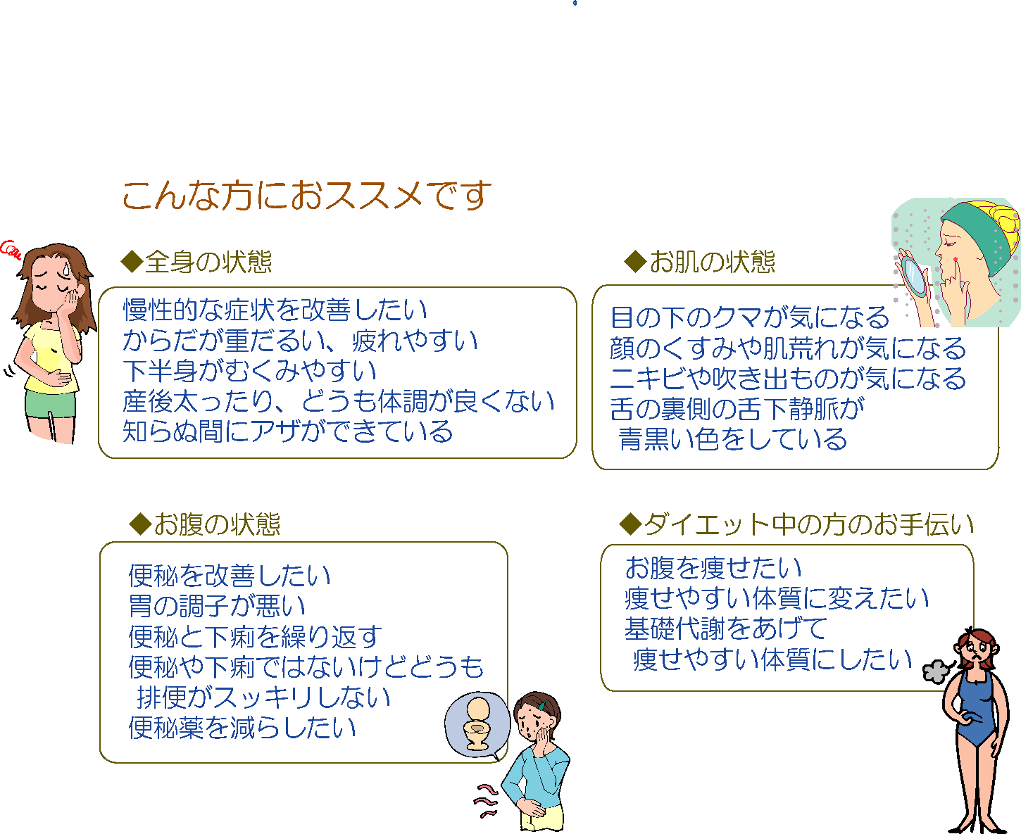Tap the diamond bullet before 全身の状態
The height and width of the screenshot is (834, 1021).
pyautogui.click(x=132, y=261)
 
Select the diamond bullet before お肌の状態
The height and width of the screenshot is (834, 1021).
pyautogui.click(x=636, y=261)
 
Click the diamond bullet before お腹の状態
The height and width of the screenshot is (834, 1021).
pyautogui.click(x=141, y=524)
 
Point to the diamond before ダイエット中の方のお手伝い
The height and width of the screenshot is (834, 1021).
pyautogui.click(x=631, y=524)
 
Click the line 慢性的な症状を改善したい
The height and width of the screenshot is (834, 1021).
pyautogui.click(x=275, y=310)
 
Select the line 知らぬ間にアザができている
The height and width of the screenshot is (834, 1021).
pyautogui.click(x=288, y=431)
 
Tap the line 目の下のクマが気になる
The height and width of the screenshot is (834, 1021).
pyautogui.click(x=750, y=317)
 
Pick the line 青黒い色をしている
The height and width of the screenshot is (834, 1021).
pyautogui.click(x=733, y=439)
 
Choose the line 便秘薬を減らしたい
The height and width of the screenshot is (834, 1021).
pyautogui.click(x=242, y=728)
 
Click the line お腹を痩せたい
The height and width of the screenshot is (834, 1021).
pyautogui.click(x=713, y=568)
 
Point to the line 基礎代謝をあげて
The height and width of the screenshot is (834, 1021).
pyautogui.click(x=726, y=628)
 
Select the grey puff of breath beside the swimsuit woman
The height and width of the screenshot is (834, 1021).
pyautogui.click(x=937, y=671)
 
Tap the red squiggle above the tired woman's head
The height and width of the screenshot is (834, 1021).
pyautogui.click(x=10, y=249)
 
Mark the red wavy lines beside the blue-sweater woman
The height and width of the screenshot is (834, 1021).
pyautogui.click(x=486, y=801)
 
